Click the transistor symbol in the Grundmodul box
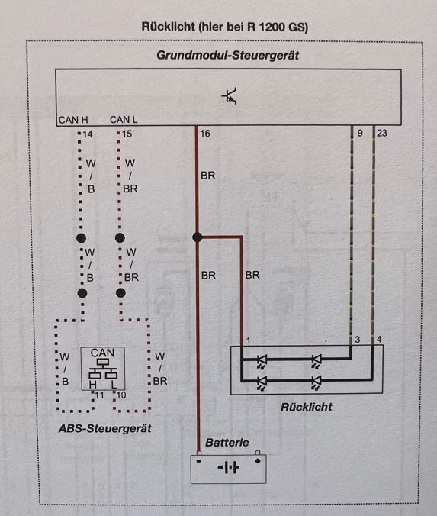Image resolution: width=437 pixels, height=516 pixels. (x=230, y=96)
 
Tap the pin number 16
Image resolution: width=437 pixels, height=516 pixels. (x=205, y=134)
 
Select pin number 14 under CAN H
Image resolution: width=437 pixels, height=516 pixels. (x=88, y=134)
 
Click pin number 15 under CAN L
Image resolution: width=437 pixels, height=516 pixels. (x=127, y=134)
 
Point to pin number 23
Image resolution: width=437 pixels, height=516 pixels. (x=382, y=133)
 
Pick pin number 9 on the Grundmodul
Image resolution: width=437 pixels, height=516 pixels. (x=360, y=133)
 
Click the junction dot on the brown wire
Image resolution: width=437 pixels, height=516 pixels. (x=198, y=237)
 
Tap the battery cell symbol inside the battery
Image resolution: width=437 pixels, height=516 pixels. (x=228, y=467)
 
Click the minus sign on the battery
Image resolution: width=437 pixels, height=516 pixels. (x=198, y=461)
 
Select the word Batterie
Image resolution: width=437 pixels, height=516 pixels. (x=227, y=442)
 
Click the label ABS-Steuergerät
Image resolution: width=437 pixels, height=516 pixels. (x=105, y=428)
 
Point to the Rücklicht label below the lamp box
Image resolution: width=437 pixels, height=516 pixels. (x=306, y=407)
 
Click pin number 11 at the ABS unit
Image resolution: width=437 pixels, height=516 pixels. (x=99, y=395)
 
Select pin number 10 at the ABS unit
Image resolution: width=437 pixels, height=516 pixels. (x=121, y=395)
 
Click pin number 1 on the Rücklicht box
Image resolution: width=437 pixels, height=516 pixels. (x=248, y=340)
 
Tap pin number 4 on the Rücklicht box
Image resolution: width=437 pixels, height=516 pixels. (x=379, y=339)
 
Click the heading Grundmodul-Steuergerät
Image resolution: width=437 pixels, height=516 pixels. (x=227, y=55)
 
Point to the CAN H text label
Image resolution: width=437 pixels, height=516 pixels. (x=73, y=120)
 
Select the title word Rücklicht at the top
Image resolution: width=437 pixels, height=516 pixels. (x=169, y=27)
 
